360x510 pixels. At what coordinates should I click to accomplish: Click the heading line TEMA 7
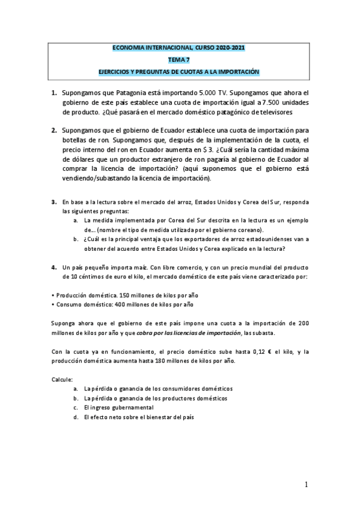pos(178,60)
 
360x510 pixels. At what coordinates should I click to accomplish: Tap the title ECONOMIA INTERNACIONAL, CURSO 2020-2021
pos(178,48)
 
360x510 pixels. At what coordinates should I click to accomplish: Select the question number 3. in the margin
pos(53,201)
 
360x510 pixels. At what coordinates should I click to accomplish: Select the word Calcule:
pos(62,379)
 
